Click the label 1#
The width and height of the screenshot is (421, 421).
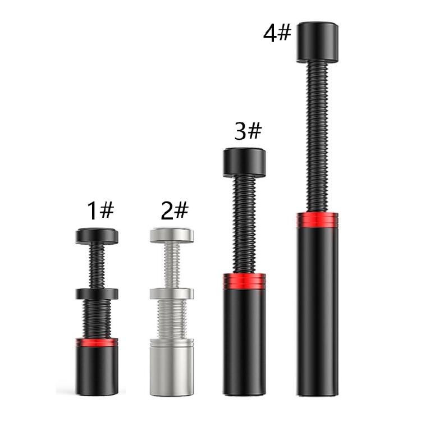click(100, 210)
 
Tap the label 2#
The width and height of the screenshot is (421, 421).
click(175, 210)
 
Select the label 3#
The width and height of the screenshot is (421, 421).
click(248, 131)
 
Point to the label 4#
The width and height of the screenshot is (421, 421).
click(277, 33)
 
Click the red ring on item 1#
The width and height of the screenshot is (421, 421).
click(97, 342)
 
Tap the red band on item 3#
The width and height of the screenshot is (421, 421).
click(244, 281)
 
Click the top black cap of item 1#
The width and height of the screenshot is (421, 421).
click(97, 236)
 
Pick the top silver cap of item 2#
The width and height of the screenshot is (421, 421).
click(172, 235)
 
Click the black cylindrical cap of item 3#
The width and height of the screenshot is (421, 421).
click(244, 163)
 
